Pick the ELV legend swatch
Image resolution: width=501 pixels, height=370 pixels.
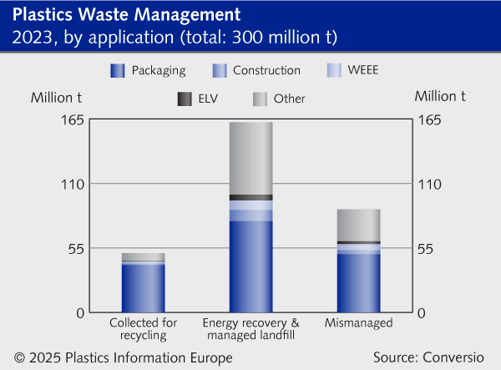click(183, 99)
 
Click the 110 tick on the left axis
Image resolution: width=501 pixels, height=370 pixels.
click(73, 184)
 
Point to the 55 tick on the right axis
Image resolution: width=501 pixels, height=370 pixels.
click(428, 248)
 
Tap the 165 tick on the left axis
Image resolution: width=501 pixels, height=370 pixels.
click(73, 119)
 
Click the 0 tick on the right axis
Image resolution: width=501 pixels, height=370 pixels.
click(423, 312)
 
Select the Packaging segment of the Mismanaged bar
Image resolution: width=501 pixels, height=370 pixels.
click(358, 282)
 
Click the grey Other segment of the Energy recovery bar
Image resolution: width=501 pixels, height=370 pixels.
click(251, 158)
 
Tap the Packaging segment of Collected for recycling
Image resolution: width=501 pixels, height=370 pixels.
click(144, 288)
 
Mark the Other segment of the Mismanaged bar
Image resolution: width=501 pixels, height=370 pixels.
click(358, 225)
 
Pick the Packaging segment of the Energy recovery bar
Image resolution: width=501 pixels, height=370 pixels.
click(251, 266)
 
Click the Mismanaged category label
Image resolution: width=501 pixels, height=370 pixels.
click(358, 322)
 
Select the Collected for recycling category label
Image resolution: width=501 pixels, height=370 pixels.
click(144, 329)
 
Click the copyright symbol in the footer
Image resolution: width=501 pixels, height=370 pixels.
click(18, 357)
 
